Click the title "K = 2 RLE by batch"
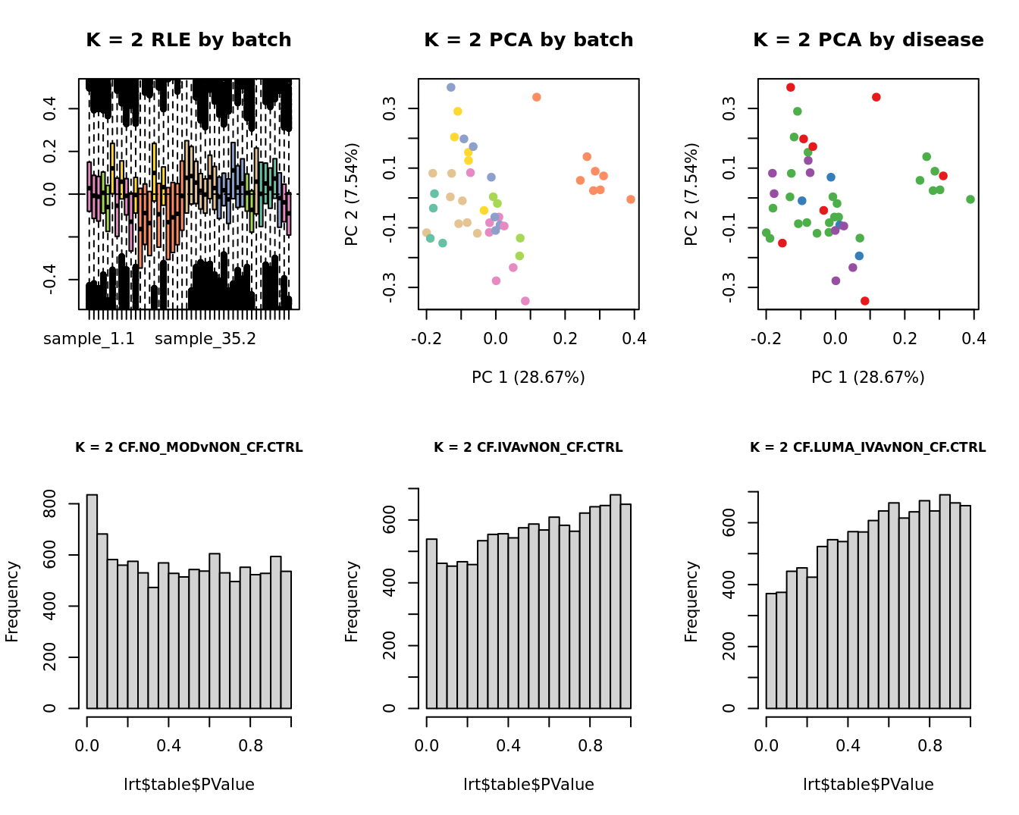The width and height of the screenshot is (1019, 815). click(x=188, y=40)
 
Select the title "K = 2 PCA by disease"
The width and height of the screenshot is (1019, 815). click(x=868, y=40)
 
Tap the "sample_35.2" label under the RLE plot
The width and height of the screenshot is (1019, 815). click(x=205, y=339)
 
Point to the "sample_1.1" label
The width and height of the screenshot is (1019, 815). click(x=89, y=339)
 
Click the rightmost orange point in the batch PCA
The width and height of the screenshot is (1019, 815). click(x=631, y=199)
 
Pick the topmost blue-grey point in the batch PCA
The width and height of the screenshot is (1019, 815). click(x=451, y=87)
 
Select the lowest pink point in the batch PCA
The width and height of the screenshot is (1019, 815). click(x=525, y=301)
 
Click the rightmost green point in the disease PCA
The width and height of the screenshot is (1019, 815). click(x=970, y=199)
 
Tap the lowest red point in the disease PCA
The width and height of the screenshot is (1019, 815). click(x=864, y=301)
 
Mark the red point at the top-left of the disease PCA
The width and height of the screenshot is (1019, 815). click(x=791, y=87)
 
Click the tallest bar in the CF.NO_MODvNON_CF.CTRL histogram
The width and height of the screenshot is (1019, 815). click(x=92, y=601)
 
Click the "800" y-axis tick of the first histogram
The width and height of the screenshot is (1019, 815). click(x=49, y=503)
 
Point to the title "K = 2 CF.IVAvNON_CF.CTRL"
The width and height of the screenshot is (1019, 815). click(x=528, y=447)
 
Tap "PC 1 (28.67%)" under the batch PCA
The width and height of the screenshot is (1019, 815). click(x=528, y=377)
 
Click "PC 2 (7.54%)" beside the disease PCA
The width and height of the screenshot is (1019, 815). click(x=691, y=194)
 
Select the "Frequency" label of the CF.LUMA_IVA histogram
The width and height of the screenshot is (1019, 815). click(x=691, y=601)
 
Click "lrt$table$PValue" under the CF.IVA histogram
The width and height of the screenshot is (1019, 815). click(x=528, y=785)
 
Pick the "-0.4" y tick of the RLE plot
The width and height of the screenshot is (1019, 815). click(x=49, y=280)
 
